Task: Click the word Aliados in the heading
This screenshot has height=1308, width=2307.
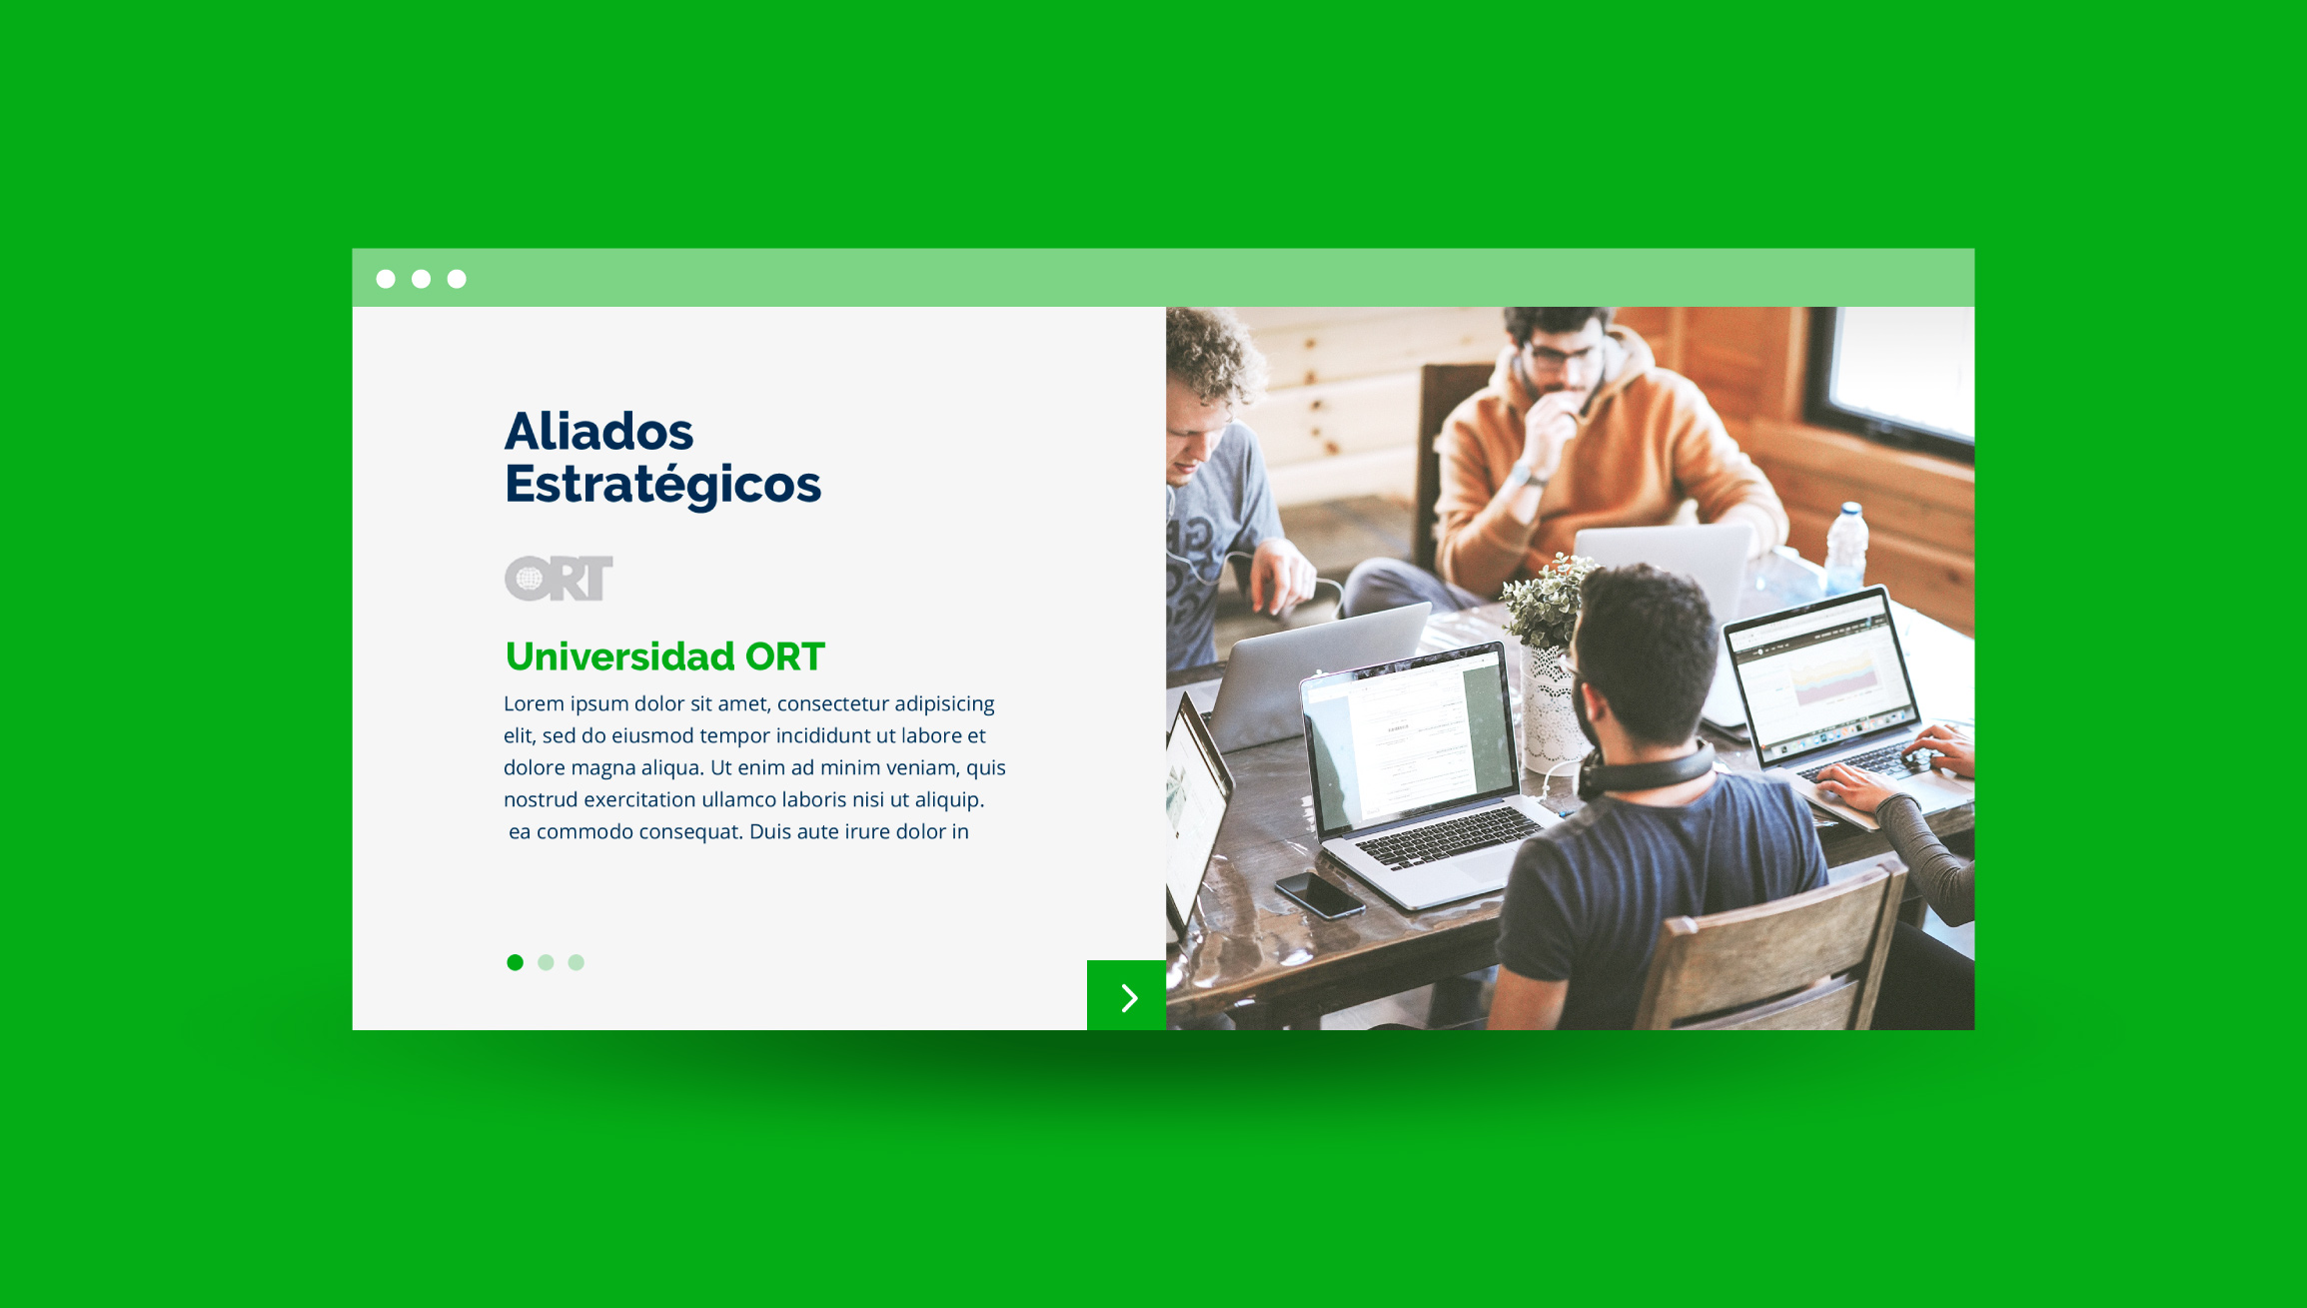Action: click(598, 432)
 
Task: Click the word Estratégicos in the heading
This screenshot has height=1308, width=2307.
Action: click(662, 486)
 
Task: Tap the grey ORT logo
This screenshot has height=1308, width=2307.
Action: click(559, 579)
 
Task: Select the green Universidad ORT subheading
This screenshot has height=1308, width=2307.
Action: click(664, 656)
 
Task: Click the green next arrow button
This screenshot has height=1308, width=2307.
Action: click(1126, 995)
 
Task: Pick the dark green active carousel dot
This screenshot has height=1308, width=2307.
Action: click(515, 962)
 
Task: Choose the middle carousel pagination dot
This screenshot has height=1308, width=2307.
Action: click(546, 962)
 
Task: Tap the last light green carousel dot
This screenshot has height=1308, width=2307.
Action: click(577, 962)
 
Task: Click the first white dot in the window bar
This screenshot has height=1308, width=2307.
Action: click(386, 279)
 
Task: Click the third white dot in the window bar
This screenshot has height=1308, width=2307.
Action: click(457, 279)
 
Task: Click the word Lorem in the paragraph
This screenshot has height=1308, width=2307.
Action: click(534, 703)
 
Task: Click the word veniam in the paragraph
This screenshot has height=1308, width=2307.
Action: click(924, 767)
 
